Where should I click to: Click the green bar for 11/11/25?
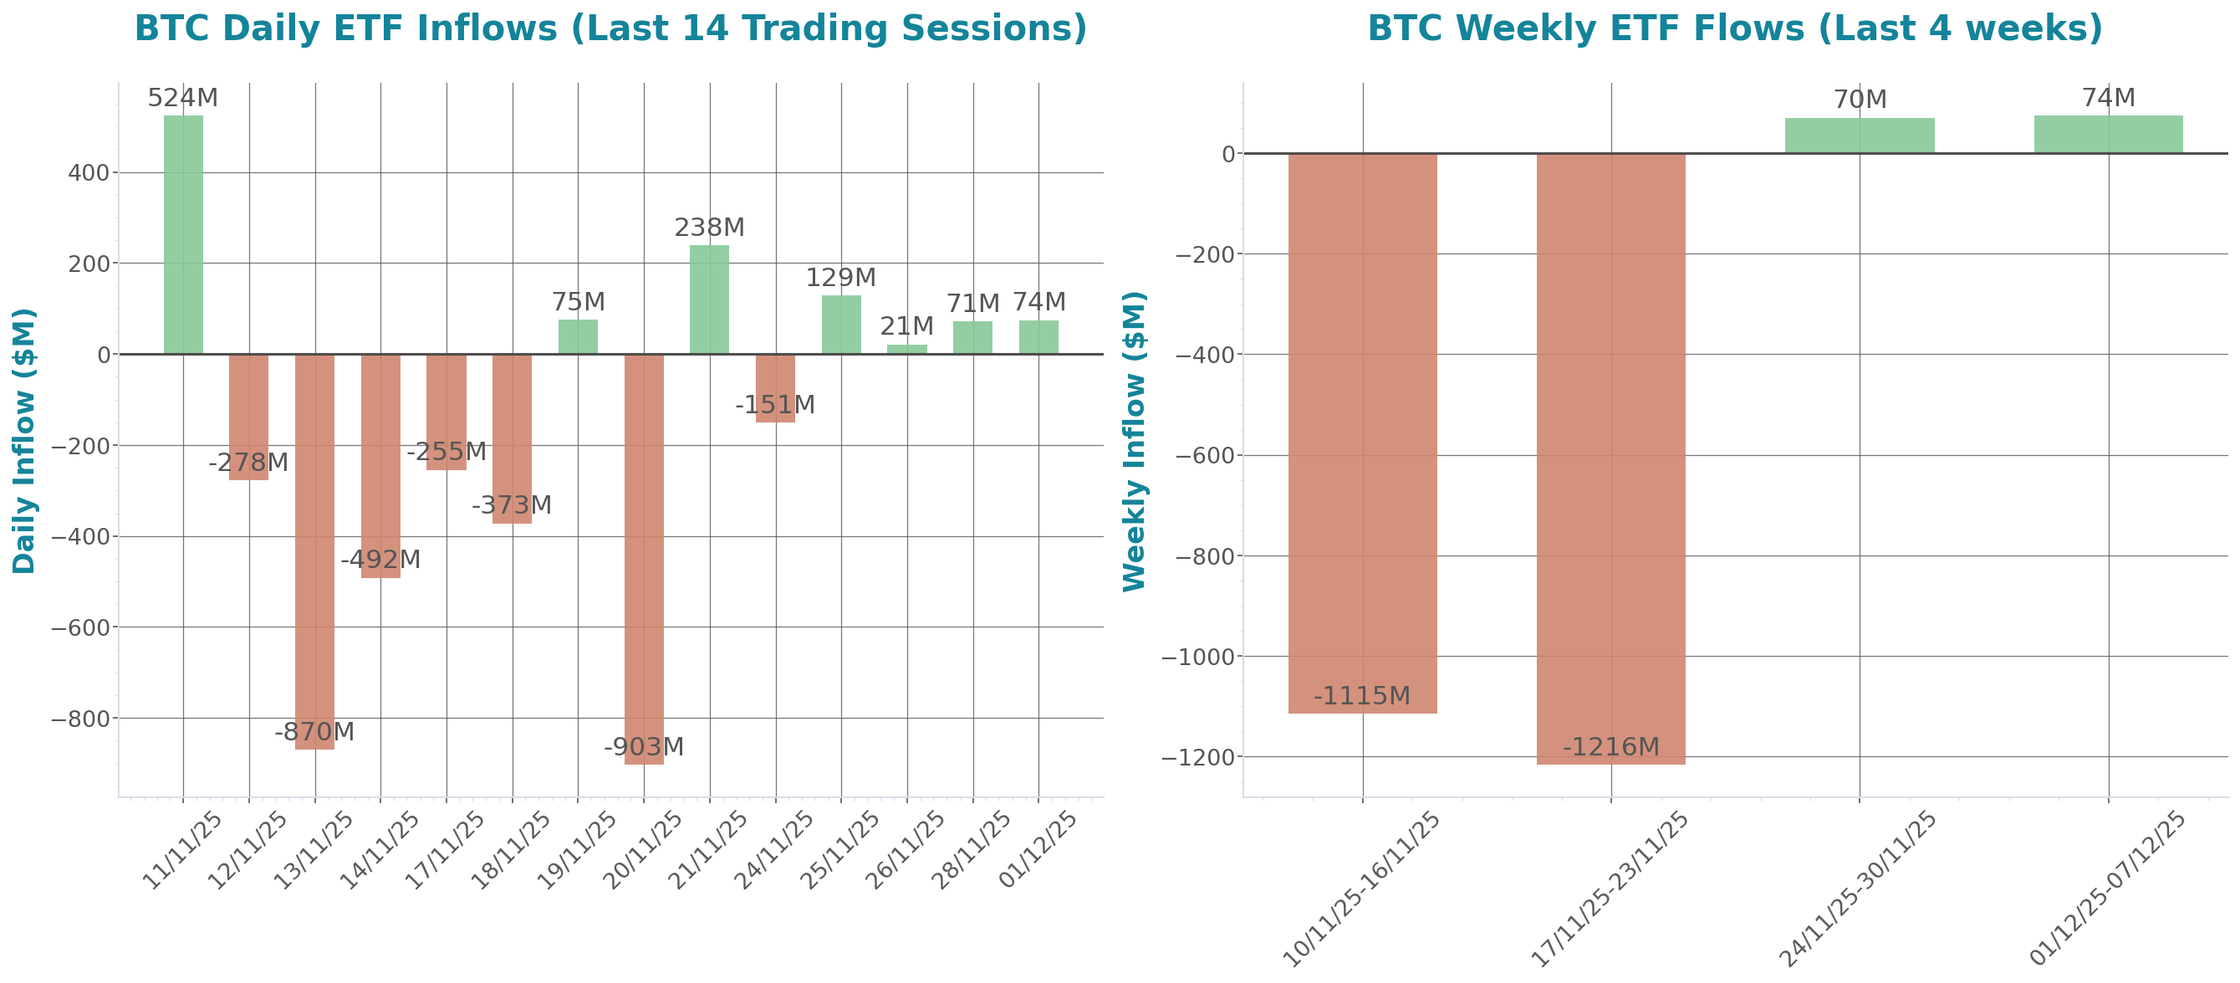click(x=182, y=235)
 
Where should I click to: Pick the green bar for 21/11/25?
click(x=710, y=300)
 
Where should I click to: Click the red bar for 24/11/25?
click(x=775, y=388)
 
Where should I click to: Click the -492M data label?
click(x=381, y=560)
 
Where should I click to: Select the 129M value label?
click(x=841, y=278)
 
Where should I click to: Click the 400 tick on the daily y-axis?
click(x=89, y=173)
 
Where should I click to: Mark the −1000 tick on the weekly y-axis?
click(x=1198, y=657)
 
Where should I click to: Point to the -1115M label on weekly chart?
click(x=1362, y=696)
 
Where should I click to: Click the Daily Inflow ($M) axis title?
click(x=24, y=441)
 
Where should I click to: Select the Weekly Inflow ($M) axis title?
click(x=1135, y=441)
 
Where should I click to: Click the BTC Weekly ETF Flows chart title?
click(x=1735, y=28)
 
